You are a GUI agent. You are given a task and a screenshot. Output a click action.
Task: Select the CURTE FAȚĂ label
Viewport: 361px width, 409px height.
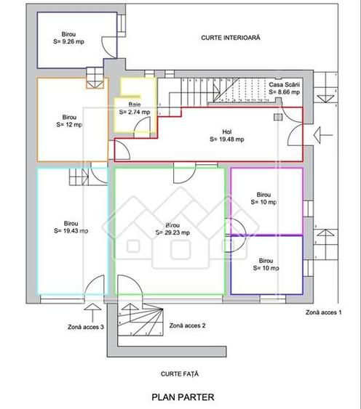click(180, 374)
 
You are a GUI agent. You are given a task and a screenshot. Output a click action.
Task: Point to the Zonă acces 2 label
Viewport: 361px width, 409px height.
click(187, 326)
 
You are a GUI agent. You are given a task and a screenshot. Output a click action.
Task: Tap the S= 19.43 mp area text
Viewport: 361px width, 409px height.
click(71, 231)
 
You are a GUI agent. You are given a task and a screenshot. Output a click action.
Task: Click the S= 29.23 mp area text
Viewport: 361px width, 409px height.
click(173, 233)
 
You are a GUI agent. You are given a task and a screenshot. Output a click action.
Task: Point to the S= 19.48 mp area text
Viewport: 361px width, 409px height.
click(226, 139)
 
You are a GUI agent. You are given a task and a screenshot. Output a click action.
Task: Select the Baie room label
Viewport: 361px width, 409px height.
click(135, 105)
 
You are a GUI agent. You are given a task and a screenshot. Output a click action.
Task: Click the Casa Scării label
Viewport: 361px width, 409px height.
click(285, 85)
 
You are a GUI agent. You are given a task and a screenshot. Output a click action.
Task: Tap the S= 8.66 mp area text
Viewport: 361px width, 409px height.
click(285, 93)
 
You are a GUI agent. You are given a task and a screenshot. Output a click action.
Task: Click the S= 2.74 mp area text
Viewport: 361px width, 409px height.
click(135, 113)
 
